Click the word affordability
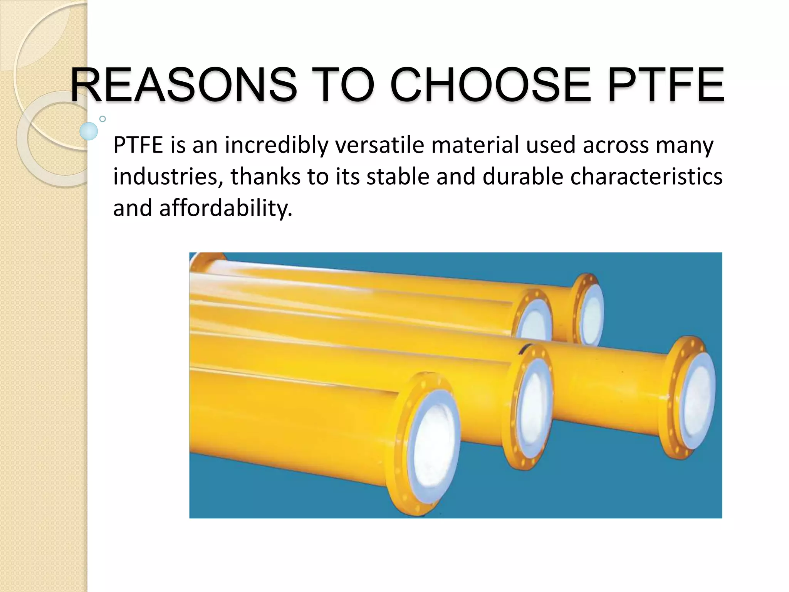226,208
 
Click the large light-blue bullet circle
89,131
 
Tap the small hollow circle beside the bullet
102,119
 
